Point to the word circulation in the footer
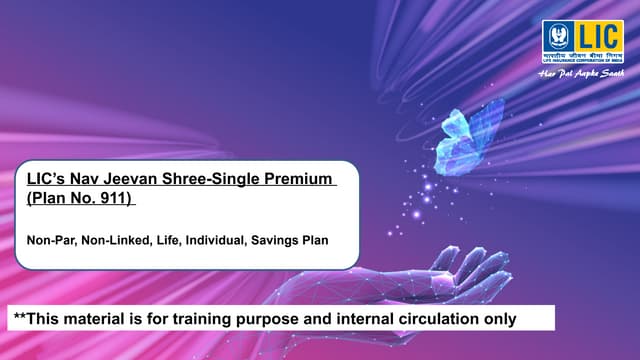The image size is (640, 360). pos(442,319)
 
